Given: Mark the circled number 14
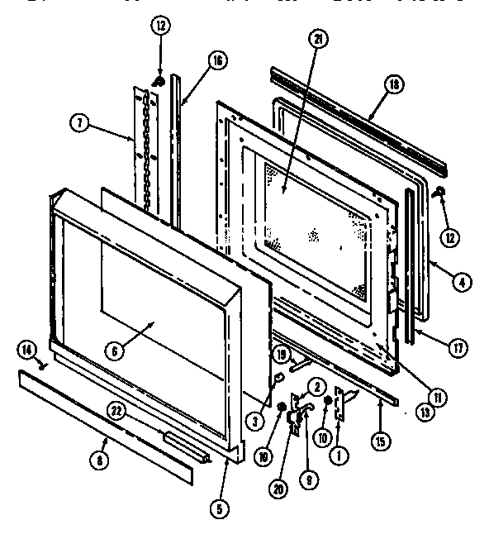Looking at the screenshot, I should tap(27, 352).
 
